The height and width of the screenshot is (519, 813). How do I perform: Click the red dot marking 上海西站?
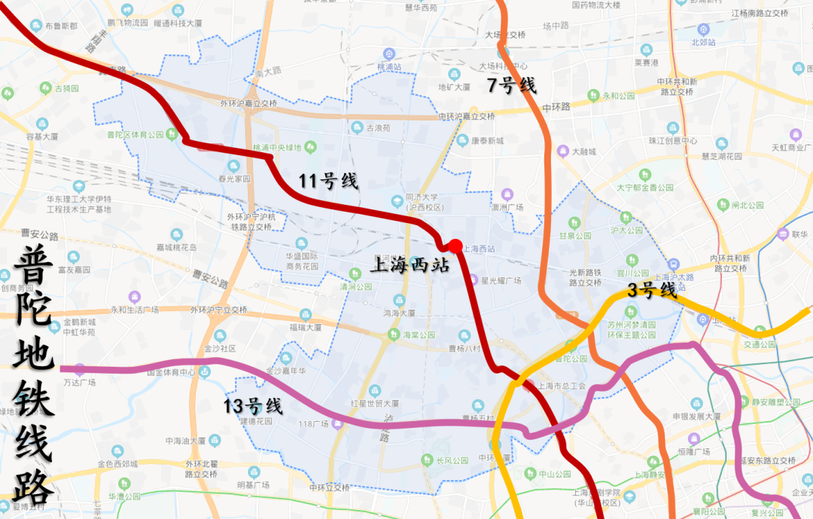pyautogui.click(x=455, y=246)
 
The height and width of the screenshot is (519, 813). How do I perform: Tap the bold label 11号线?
pyautogui.click(x=328, y=181)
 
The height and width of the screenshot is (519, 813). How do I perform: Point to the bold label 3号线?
pyautogui.click(x=653, y=290)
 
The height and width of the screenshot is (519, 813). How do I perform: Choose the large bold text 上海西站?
pyautogui.click(x=411, y=265)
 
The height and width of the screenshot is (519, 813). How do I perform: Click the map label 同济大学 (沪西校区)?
pyautogui.click(x=421, y=201)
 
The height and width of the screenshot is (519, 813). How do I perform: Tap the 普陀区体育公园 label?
pyautogui.click(x=135, y=135)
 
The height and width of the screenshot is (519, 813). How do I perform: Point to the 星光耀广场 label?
pyautogui.click(x=501, y=280)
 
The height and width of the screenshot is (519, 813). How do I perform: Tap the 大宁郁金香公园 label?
pyautogui.click(x=645, y=188)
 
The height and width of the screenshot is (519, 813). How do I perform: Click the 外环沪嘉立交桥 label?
pyautogui.click(x=248, y=105)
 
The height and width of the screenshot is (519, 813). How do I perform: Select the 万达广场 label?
pyautogui.click(x=79, y=383)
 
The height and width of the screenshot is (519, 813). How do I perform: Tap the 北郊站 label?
pyautogui.click(x=703, y=43)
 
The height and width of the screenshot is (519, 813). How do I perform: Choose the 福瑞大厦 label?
pyautogui.click(x=305, y=328)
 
